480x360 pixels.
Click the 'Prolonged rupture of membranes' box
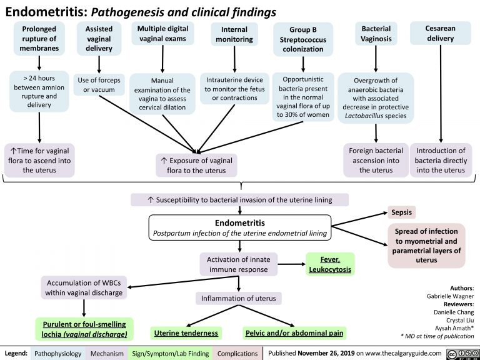(x=40, y=39)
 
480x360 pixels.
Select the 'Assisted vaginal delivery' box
(x=99, y=39)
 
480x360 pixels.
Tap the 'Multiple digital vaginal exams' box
(x=162, y=34)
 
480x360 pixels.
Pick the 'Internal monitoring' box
(x=234, y=34)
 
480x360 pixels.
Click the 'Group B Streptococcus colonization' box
(x=302, y=39)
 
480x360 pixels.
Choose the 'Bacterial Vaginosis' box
(x=376, y=34)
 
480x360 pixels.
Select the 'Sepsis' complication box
(x=401, y=212)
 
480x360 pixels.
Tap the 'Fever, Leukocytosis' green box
(x=329, y=264)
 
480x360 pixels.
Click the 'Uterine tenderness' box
(x=186, y=332)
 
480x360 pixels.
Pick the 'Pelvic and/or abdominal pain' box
(x=294, y=332)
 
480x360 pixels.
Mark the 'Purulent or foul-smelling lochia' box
(x=84, y=328)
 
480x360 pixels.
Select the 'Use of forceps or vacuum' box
(x=99, y=84)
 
